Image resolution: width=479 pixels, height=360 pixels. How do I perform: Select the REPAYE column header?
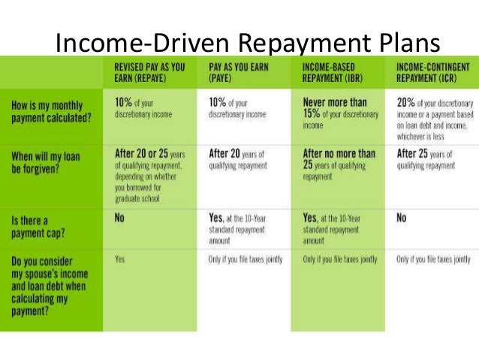(148, 71)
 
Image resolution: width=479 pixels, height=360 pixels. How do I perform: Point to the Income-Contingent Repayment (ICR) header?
(431, 71)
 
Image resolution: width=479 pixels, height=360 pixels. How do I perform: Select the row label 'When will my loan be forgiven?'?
(47, 161)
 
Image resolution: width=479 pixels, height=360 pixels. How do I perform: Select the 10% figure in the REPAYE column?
(126, 102)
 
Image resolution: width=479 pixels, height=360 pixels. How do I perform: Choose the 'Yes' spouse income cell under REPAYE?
(120, 259)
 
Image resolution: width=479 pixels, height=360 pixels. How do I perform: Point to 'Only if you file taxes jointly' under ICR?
(433, 259)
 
